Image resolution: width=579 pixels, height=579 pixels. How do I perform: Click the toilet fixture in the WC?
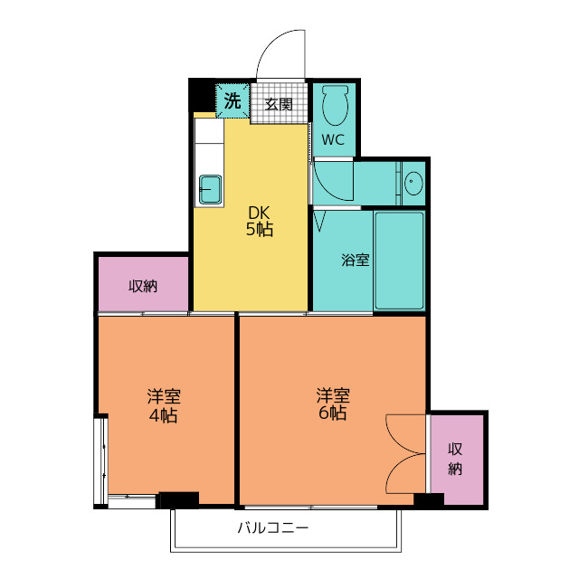pos(335,106)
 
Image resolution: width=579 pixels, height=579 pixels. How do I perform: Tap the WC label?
pos(333,140)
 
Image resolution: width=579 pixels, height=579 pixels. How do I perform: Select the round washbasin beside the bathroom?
pos(413,183)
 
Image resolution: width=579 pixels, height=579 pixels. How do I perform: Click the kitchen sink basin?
pos(211,189)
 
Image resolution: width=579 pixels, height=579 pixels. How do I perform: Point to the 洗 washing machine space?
pos(233,100)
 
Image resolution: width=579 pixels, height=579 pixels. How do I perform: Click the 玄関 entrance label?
pos(279,104)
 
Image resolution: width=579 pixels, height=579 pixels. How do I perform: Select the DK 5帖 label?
pos(260,221)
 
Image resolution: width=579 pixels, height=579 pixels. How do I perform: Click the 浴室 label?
pos(356,260)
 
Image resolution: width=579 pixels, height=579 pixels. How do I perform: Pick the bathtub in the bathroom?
pos(399,261)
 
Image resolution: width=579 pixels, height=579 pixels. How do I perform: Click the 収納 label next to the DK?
pos(143,286)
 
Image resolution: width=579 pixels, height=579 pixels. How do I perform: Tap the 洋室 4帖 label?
pos(164,405)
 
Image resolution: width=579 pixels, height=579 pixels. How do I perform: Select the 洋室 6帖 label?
pos(333,403)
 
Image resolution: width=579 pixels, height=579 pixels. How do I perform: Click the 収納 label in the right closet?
pos(455,459)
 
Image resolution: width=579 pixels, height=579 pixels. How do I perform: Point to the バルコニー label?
pos(272,527)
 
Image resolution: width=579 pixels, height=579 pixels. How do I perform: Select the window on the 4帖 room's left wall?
pos(100,460)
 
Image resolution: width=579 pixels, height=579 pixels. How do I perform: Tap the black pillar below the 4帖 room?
pos(179,500)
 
